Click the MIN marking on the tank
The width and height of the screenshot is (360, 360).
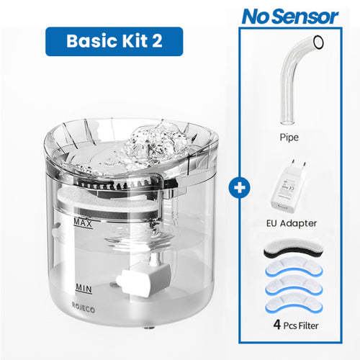click(84, 287)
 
